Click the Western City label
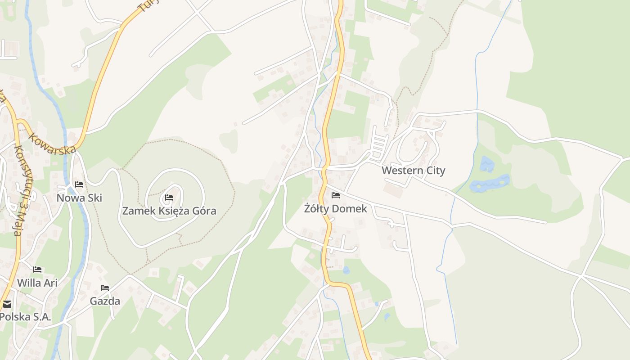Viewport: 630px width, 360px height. click(x=413, y=171)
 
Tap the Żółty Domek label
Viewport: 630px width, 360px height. click(x=335, y=209)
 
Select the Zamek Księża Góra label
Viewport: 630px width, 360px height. click(x=169, y=211)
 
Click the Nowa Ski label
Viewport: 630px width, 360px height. click(x=79, y=198)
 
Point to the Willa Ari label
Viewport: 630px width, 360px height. click(x=37, y=283)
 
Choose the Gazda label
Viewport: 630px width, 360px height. click(x=105, y=301)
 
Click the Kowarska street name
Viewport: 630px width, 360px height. click(x=52, y=143)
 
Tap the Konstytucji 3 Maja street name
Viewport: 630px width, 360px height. click(x=18, y=189)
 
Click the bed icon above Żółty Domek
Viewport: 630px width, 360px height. click(x=336, y=195)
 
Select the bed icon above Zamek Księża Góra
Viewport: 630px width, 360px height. click(x=169, y=197)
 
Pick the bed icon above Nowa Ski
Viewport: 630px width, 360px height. click(x=79, y=184)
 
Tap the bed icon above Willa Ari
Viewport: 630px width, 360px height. click(x=37, y=270)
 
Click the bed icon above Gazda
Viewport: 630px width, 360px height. click(x=105, y=288)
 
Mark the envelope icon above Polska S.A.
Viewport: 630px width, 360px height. click(x=7, y=304)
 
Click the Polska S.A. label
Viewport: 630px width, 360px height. click(x=25, y=316)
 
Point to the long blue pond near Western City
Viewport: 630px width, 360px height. click(x=490, y=183)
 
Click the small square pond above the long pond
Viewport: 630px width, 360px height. click(x=486, y=164)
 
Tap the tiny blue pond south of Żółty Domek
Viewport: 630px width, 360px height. click(x=346, y=270)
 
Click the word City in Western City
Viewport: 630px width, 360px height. click(x=435, y=171)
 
